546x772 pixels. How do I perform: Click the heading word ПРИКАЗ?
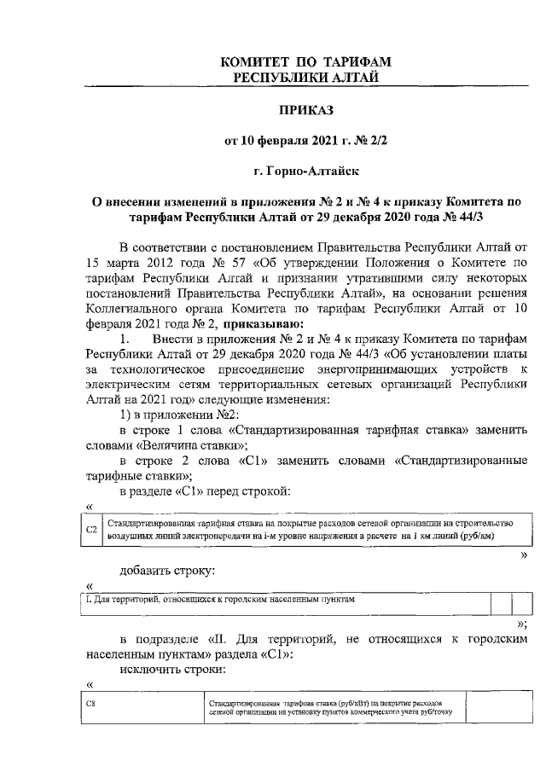(305, 109)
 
